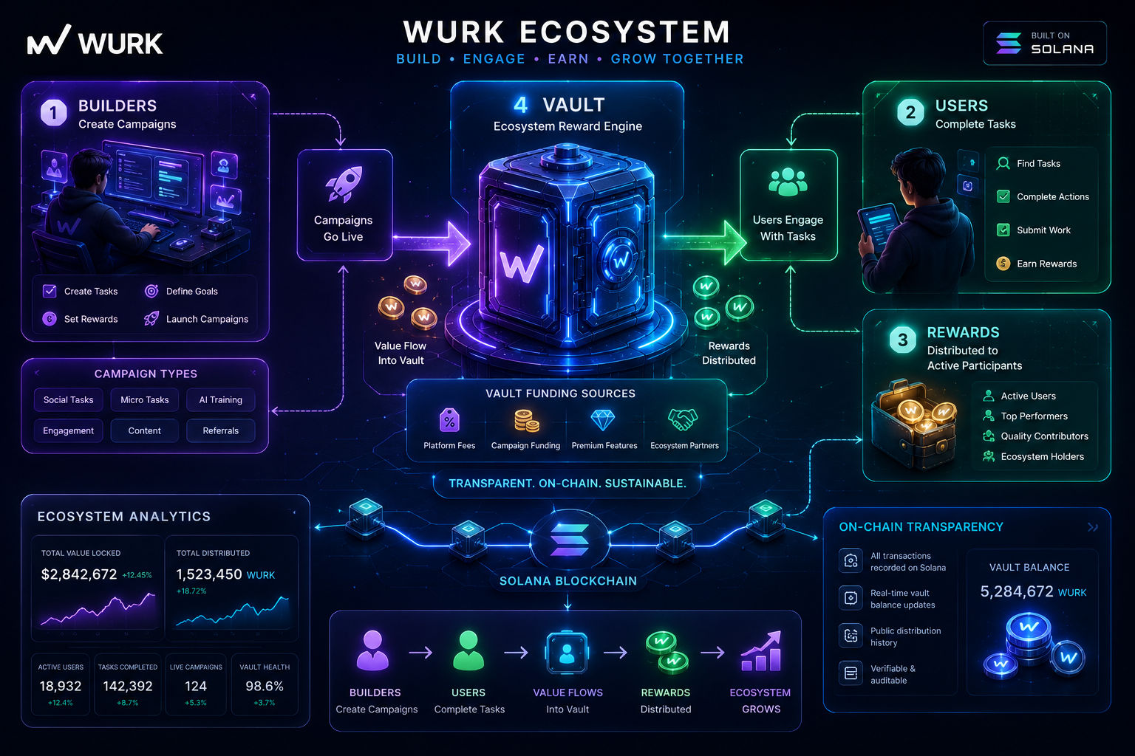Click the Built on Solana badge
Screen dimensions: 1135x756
pyautogui.click(x=1045, y=43)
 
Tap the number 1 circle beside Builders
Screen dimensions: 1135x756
pyautogui.click(x=54, y=112)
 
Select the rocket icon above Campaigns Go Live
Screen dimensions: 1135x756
pyautogui.click(x=344, y=184)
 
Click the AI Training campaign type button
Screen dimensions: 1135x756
pyautogui.click(x=220, y=400)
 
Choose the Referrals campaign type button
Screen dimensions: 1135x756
pyautogui.click(x=220, y=431)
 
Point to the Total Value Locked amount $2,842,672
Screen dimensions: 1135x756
pyautogui.click(x=79, y=574)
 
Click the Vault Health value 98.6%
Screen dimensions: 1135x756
pyautogui.click(x=265, y=686)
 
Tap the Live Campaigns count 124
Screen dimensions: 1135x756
pyautogui.click(x=196, y=686)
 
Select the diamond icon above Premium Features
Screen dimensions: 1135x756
pyautogui.click(x=603, y=420)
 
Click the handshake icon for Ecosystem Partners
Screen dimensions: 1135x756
pyautogui.click(x=683, y=420)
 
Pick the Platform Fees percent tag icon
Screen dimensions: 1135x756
pyautogui.click(x=449, y=420)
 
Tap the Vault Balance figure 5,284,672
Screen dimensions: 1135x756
pyautogui.click(x=1017, y=591)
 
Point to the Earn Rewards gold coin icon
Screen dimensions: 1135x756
pyautogui.click(x=1003, y=264)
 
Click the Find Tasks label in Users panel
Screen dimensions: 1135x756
pyautogui.click(x=1038, y=164)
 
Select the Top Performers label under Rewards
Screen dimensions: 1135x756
pyautogui.click(x=1035, y=416)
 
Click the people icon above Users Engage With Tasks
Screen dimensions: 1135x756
pyautogui.click(x=788, y=182)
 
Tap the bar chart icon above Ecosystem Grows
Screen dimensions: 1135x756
pyautogui.click(x=761, y=651)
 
